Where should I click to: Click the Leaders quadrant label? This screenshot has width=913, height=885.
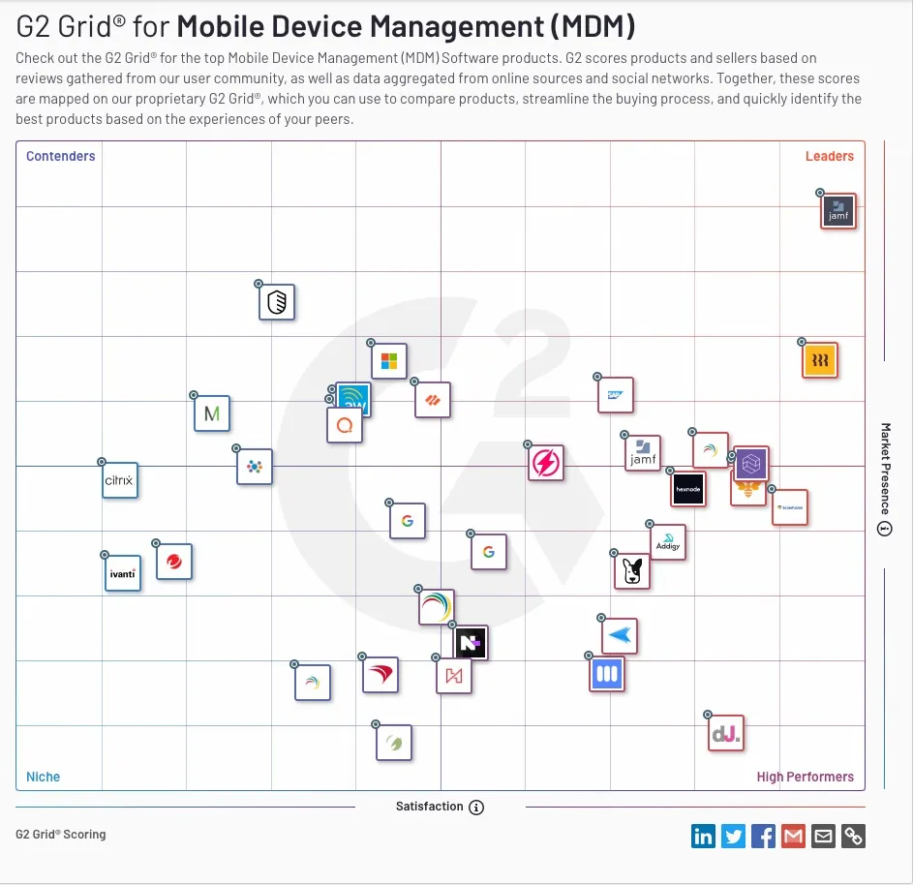(x=829, y=156)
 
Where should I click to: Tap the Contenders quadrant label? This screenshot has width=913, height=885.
(x=60, y=156)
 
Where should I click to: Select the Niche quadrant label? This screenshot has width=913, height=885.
(x=43, y=777)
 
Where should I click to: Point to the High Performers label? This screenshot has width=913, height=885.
(x=805, y=777)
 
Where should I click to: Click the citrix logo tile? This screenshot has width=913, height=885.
(x=120, y=480)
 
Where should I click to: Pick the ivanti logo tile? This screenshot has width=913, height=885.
(x=123, y=573)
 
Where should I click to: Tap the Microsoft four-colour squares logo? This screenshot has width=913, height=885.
(x=389, y=361)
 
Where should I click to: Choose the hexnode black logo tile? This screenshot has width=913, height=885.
(x=688, y=489)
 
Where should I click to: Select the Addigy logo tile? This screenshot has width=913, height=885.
(x=668, y=543)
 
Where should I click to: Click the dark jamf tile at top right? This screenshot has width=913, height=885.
(x=838, y=211)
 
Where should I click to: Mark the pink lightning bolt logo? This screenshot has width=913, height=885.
(x=546, y=463)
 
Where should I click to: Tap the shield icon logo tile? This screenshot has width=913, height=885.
(x=277, y=303)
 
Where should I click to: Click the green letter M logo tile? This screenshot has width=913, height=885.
(x=212, y=414)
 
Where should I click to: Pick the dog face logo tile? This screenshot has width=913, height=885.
(x=633, y=571)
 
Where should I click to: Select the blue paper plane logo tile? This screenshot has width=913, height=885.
(x=620, y=636)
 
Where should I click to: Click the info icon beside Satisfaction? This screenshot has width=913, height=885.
(x=476, y=807)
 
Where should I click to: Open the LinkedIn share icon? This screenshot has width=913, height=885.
(x=703, y=836)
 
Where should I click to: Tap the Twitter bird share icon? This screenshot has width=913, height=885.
(x=733, y=836)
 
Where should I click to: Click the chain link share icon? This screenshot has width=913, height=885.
(x=853, y=836)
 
